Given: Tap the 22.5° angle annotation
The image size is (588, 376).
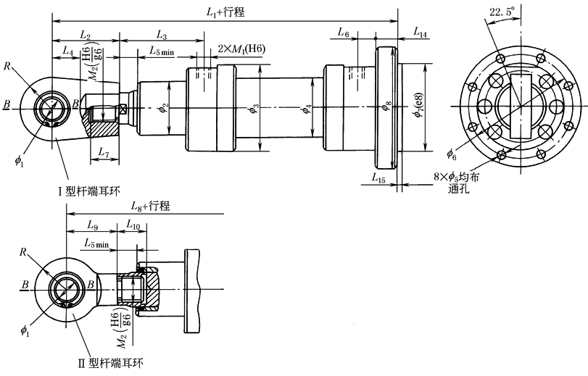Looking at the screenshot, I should tap(502, 12).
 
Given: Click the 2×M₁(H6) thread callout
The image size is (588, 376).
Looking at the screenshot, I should tap(241, 49).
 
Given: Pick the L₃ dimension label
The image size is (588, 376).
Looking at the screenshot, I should tap(161, 35).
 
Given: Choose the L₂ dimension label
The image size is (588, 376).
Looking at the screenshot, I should tap(85, 35).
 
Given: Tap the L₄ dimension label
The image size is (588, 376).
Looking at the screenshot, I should tap(67, 51).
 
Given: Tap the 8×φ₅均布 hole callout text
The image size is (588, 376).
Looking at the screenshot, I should tap(458, 176).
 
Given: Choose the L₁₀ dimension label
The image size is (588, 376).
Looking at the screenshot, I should tap(133, 225).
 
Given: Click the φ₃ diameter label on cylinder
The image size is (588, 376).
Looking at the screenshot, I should tap(253, 109).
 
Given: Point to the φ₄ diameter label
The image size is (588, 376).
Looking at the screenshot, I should tap(307, 109).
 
